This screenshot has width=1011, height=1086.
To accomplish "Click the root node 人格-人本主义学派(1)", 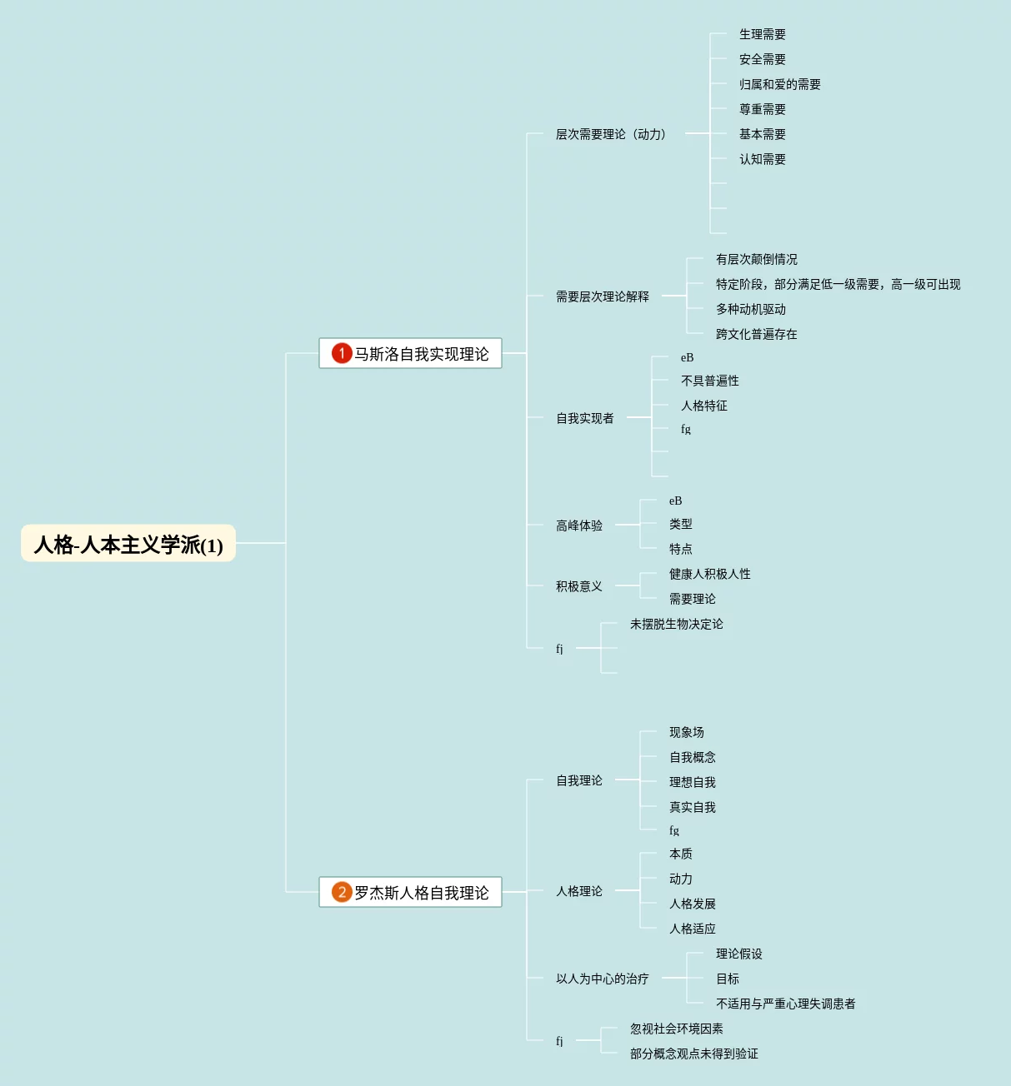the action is [128, 544].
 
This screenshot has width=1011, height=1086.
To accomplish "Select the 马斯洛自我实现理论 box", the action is [410, 353].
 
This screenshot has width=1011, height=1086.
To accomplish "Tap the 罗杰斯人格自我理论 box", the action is [410, 892].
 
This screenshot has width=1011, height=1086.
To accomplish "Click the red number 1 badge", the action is [341, 353].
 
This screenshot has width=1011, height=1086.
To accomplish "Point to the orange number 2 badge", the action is [341, 892].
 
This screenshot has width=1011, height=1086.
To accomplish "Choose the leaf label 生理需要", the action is [762, 34].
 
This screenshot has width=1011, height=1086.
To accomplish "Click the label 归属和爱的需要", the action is [779, 84].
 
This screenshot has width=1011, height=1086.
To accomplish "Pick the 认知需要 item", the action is [762, 159].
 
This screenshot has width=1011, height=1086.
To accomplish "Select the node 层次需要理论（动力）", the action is [611, 134].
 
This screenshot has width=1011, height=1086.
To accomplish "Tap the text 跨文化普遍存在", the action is [756, 334].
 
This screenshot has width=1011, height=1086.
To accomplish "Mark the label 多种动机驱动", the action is [750, 309].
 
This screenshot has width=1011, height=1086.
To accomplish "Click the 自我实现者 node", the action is [584, 418].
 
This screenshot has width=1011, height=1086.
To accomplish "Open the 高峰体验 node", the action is [578, 526].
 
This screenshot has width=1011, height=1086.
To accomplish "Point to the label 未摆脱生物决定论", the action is [676, 624].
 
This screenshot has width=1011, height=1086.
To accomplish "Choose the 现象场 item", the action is [686, 732].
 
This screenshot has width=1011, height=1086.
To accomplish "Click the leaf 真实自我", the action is [692, 807].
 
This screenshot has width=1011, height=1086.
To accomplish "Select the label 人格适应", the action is [692, 929].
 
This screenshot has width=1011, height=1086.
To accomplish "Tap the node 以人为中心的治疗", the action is [602, 979].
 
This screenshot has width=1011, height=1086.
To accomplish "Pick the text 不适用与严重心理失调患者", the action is [785, 1004].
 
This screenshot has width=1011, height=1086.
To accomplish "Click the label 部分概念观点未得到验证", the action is [693, 1054].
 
